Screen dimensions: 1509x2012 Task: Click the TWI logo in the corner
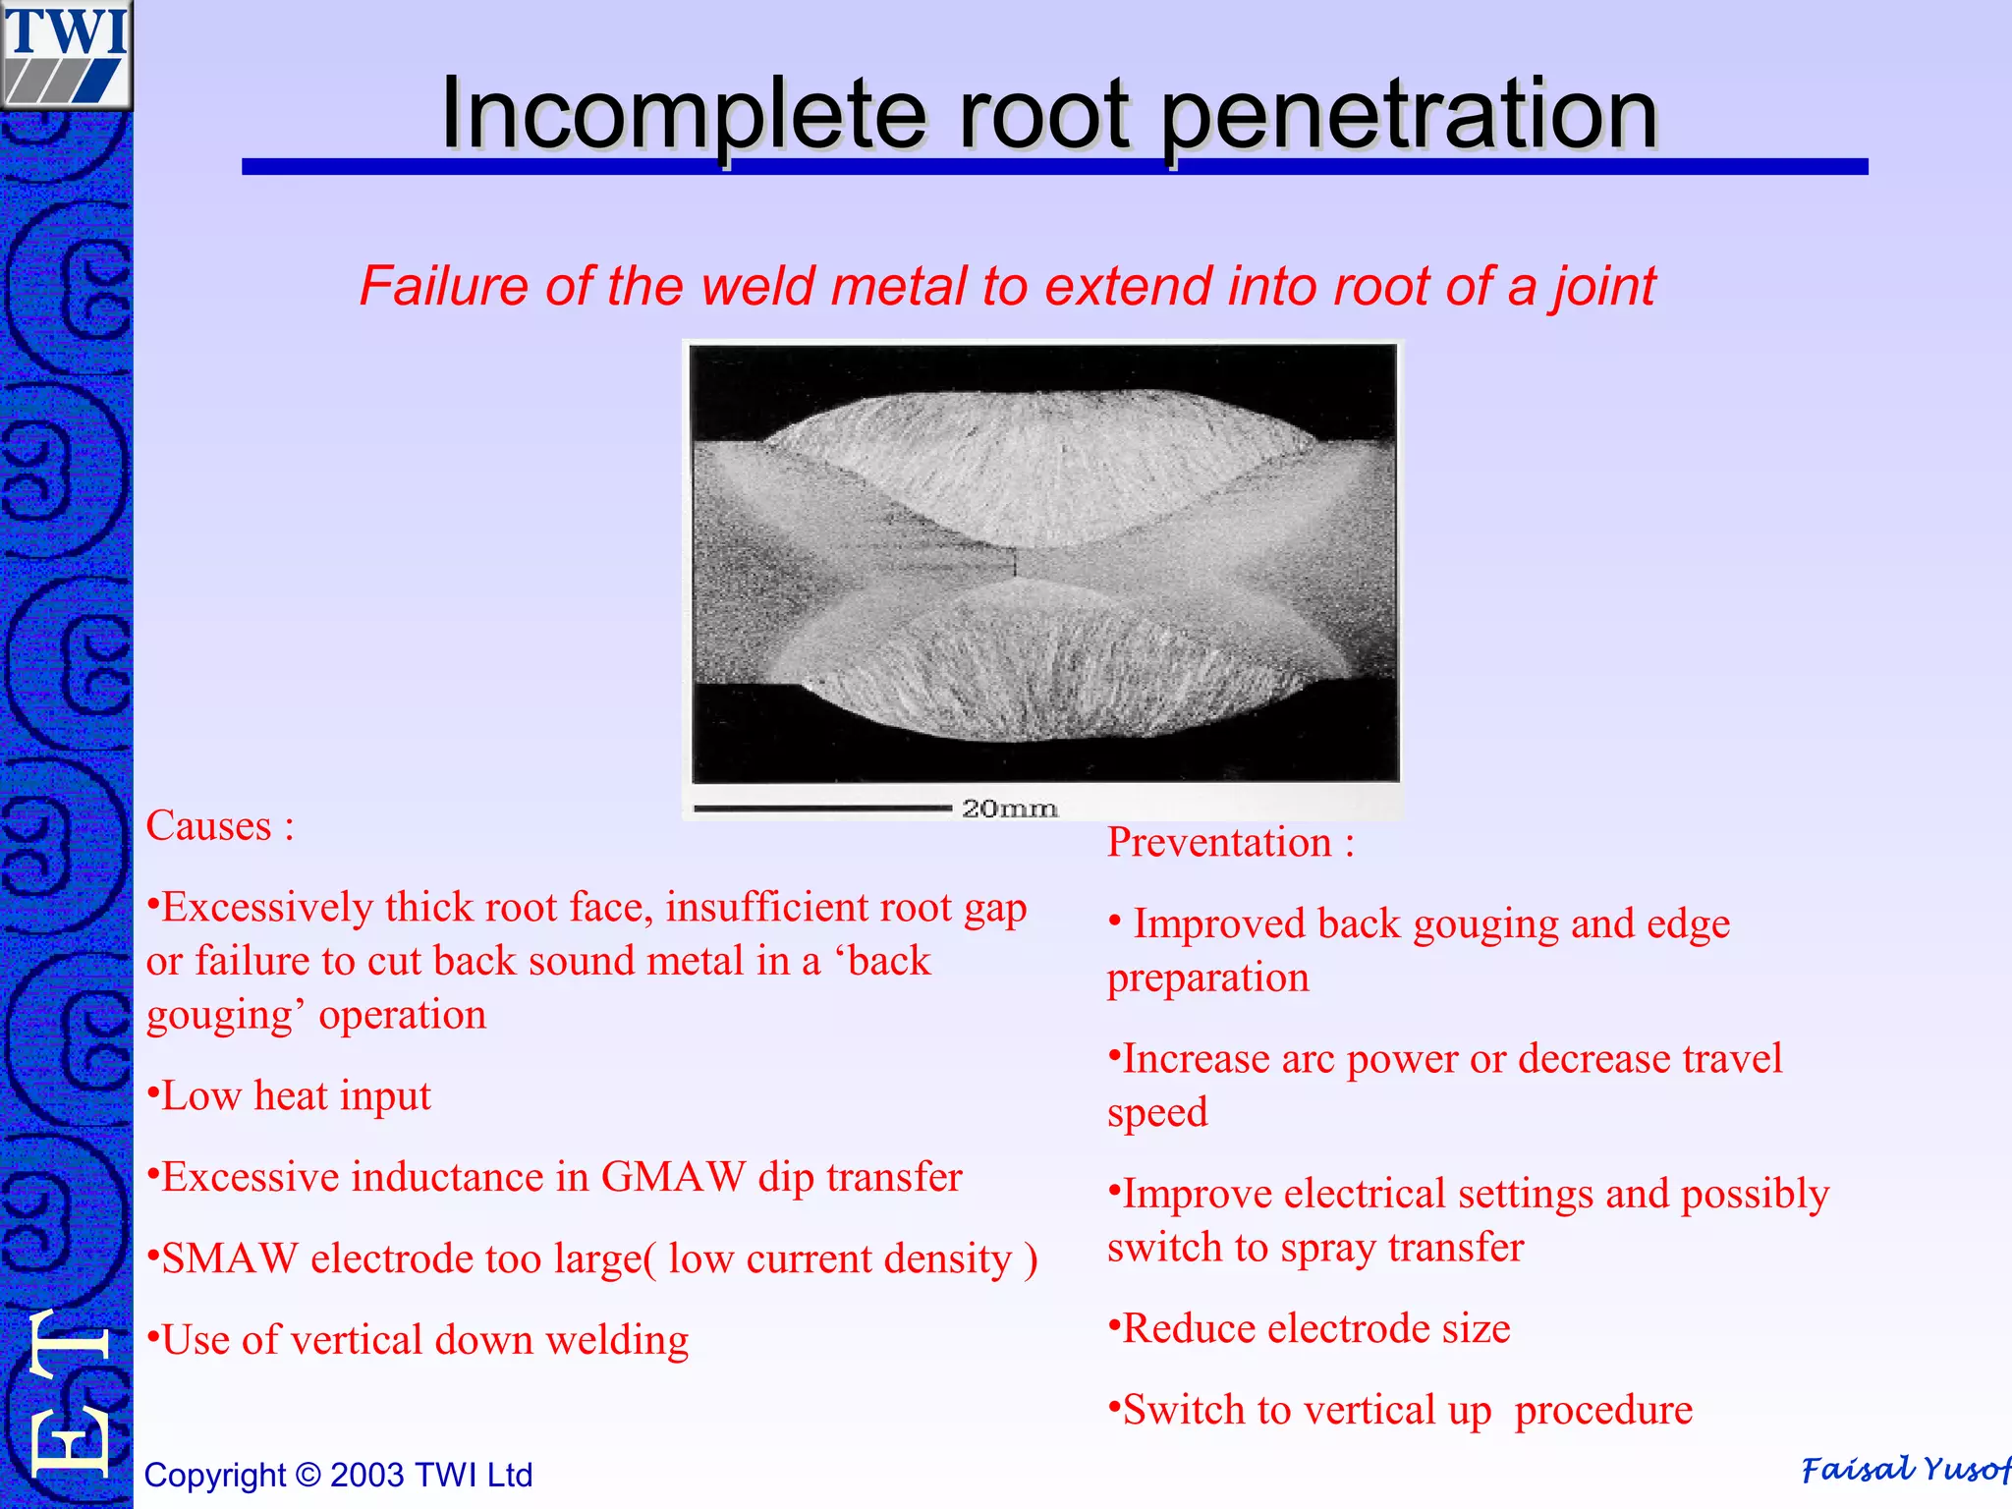pyautogui.click(x=65, y=54)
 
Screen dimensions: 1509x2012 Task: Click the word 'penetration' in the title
pyautogui.click(x=1409, y=116)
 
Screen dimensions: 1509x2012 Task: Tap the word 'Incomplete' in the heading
pyautogui.click(x=683, y=116)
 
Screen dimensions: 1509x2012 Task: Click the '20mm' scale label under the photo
pyautogui.click(x=1009, y=809)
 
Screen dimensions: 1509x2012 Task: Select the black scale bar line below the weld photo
pyautogui.click(x=822, y=810)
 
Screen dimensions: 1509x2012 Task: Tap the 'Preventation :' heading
pyautogui.click(x=1230, y=843)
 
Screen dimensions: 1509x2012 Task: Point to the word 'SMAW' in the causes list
pyautogui.click(x=230, y=1258)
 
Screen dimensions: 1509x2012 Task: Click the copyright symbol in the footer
pyautogui.click(x=308, y=1475)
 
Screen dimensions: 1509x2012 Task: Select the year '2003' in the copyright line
pyautogui.click(x=367, y=1475)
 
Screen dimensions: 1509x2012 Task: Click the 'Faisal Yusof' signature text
pyautogui.click(x=1904, y=1470)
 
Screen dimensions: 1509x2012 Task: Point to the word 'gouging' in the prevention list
pyautogui.click(x=1484, y=924)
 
